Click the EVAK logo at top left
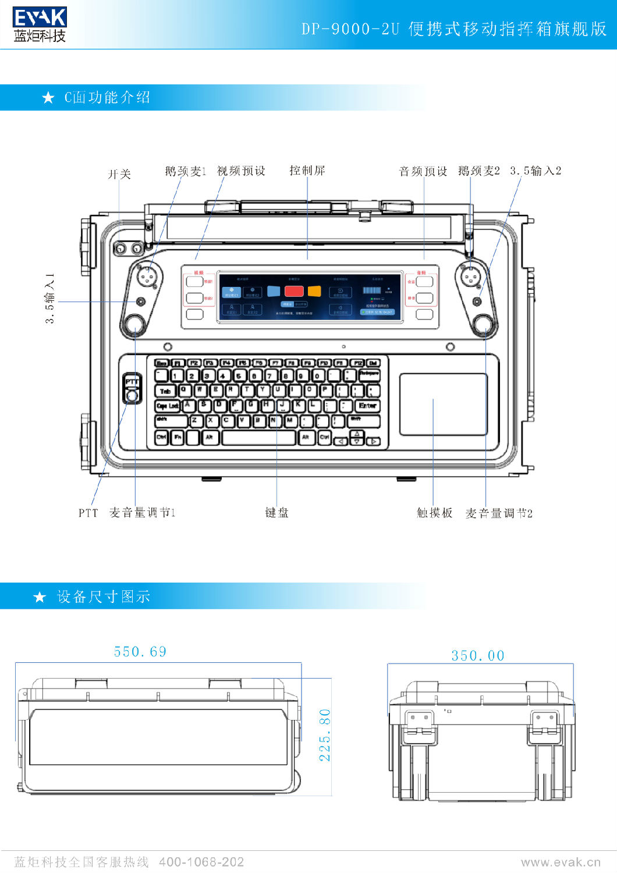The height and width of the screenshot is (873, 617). click(40, 24)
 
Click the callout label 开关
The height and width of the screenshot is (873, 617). click(119, 174)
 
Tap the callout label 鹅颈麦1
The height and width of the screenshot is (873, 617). click(185, 171)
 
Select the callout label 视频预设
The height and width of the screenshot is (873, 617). click(241, 171)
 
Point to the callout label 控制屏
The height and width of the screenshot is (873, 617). click(307, 171)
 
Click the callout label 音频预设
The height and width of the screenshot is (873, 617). click(423, 171)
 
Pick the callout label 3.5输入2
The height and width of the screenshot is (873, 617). click(536, 171)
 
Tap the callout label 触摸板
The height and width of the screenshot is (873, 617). click(434, 513)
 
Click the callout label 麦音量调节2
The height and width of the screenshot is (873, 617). click(499, 513)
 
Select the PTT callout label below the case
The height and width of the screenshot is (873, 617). click(88, 513)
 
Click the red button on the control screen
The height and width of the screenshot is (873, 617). click(294, 291)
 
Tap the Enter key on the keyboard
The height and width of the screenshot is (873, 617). click(367, 406)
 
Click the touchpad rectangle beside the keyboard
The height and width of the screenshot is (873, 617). click(443, 404)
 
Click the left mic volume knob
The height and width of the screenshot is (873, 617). click(134, 324)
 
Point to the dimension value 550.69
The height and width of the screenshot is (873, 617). click(140, 652)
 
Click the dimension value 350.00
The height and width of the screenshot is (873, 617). click(478, 656)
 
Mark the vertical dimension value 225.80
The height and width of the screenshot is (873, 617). click(325, 735)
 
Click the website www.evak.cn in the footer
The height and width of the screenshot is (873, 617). click(561, 862)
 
